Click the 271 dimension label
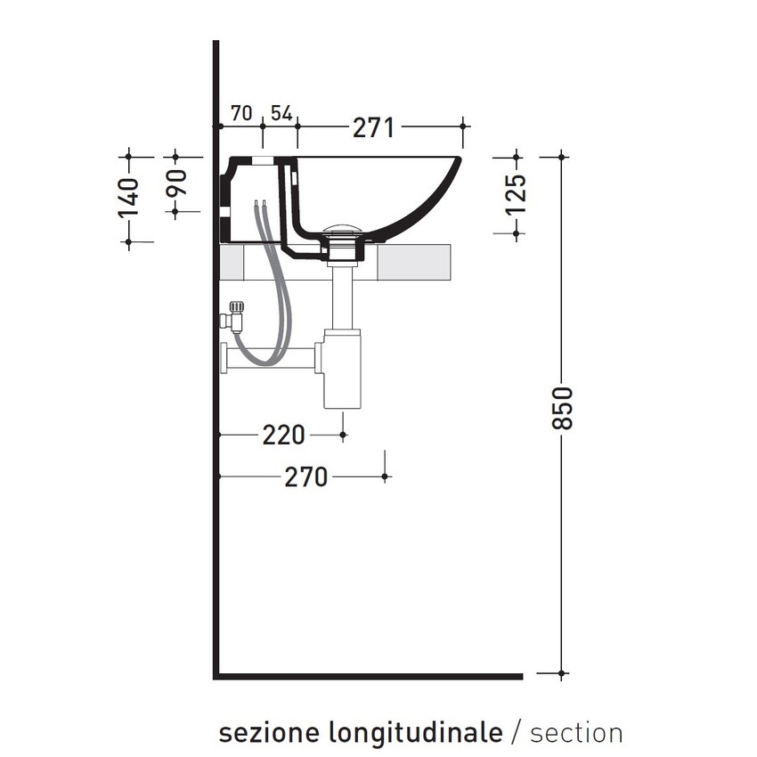click(373, 127)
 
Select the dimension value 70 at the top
click(240, 113)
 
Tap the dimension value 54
click(281, 113)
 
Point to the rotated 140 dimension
click(129, 198)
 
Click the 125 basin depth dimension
click(517, 194)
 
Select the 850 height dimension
click(563, 408)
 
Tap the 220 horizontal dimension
click(283, 435)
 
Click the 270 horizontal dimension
click(305, 477)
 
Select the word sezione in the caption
click(271, 732)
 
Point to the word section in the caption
click(576, 732)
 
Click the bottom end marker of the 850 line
click(562, 673)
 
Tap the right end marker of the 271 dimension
click(463, 126)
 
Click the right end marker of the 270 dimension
click(385, 477)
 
